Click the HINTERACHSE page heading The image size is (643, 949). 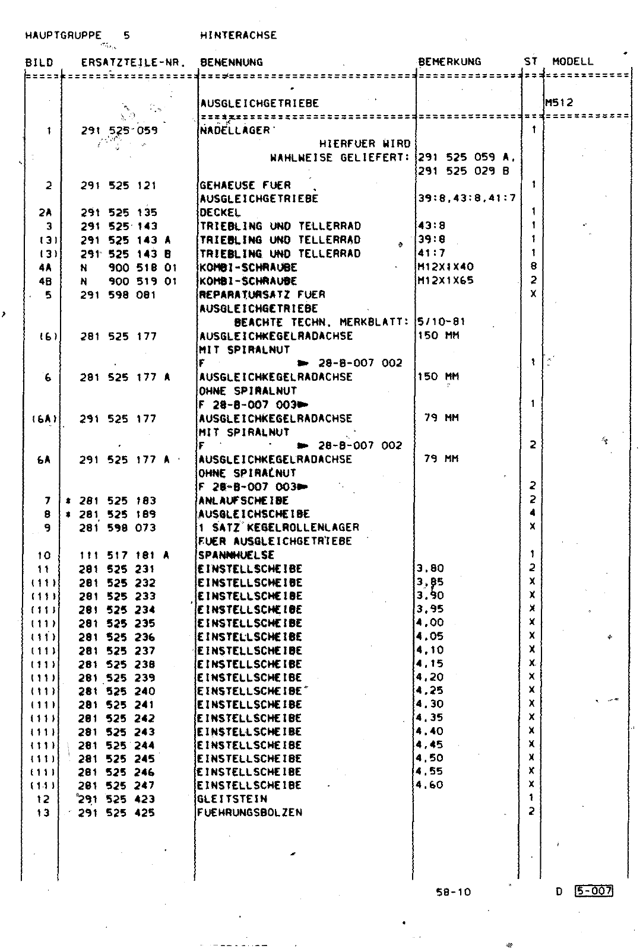(x=239, y=36)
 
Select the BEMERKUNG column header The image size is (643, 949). (x=449, y=62)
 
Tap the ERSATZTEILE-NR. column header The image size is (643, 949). (x=134, y=62)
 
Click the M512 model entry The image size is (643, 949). (x=559, y=103)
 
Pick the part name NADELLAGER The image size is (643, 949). (x=235, y=130)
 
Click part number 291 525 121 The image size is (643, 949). (x=119, y=186)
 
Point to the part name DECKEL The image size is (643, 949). (x=220, y=212)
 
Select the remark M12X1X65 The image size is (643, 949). (x=445, y=281)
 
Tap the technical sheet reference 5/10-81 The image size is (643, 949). (x=442, y=322)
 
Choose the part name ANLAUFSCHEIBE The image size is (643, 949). (x=243, y=501)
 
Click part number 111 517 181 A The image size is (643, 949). (x=124, y=556)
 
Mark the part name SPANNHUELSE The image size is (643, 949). (x=236, y=556)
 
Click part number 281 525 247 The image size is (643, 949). (x=117, y=785)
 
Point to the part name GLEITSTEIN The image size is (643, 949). (x=232, y=799)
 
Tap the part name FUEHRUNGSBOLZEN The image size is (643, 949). (x=249, y=813)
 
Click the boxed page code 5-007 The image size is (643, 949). (x=594, y=891)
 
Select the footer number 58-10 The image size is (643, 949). (x=453, y=891)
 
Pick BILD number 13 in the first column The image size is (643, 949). (x=43, y=813)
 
